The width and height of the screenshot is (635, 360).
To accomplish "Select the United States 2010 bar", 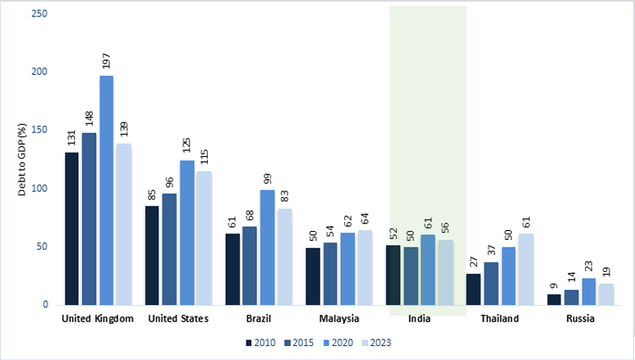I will tap(152, 255).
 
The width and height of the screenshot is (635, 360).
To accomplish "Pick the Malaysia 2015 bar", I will tap(330, 273).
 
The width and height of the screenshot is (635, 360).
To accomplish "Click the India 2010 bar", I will tap(393, 275).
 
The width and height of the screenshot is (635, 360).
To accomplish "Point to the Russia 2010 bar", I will tap(554, 299).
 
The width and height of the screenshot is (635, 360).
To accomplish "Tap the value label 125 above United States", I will tap(186, 147).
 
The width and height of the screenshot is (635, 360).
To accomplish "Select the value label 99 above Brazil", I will tap(267, 179).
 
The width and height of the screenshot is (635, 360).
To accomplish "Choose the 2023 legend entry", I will tap(377, 342).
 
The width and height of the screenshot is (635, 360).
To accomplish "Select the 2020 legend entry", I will tap(338, 342).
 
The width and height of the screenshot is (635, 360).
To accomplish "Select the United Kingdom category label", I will tap(97, 319).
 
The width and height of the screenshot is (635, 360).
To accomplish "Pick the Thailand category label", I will tap(500, 319).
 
